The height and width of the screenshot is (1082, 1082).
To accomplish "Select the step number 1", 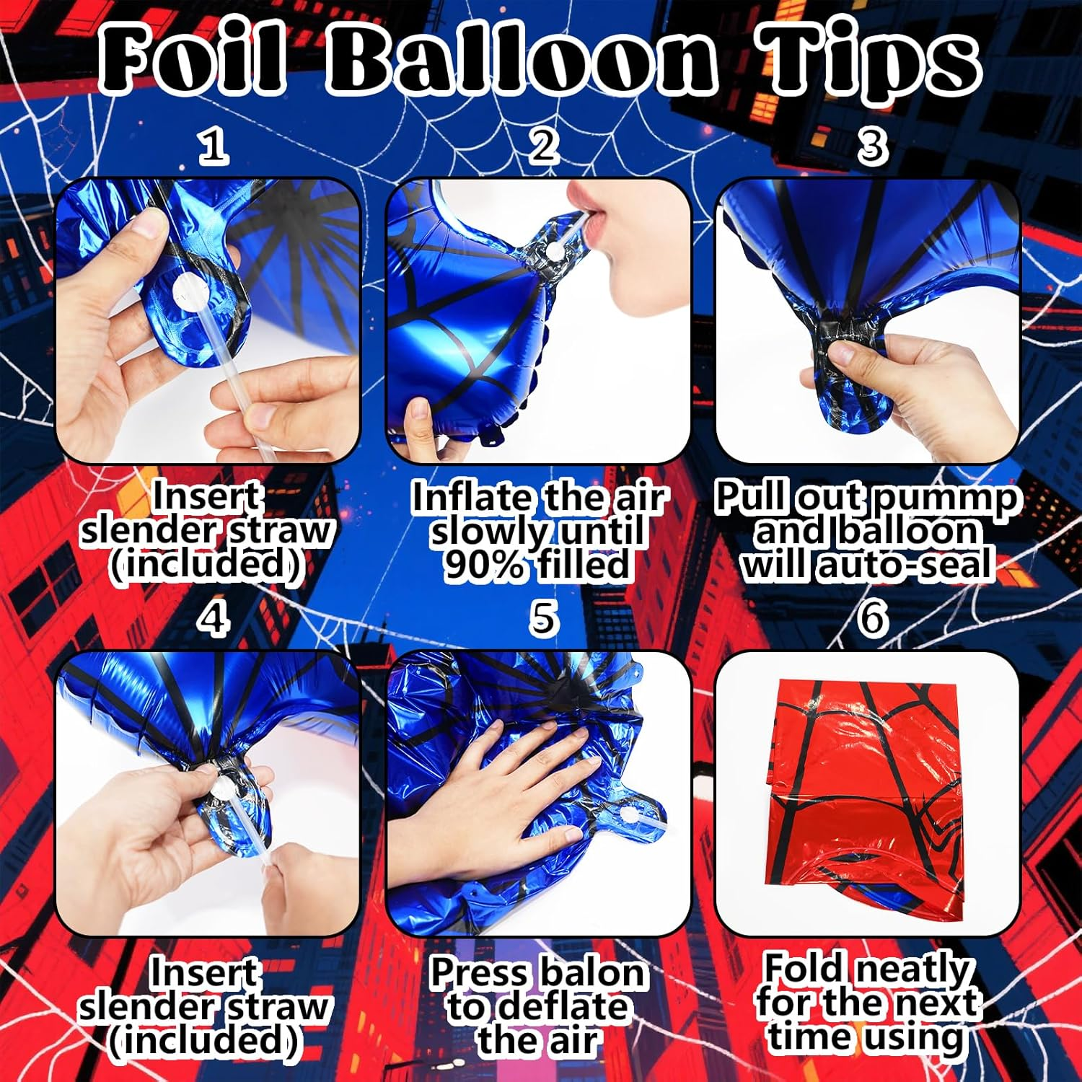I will point(214,146).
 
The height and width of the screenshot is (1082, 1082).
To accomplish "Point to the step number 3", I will point(872,146).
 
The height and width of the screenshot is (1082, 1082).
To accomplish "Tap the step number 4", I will point(214,619).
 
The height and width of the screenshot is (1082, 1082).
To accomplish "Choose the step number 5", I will point(542,619).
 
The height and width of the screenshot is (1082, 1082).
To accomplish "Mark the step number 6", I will point(872,619).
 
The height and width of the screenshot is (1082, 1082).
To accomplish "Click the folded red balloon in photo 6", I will point(866,793).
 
